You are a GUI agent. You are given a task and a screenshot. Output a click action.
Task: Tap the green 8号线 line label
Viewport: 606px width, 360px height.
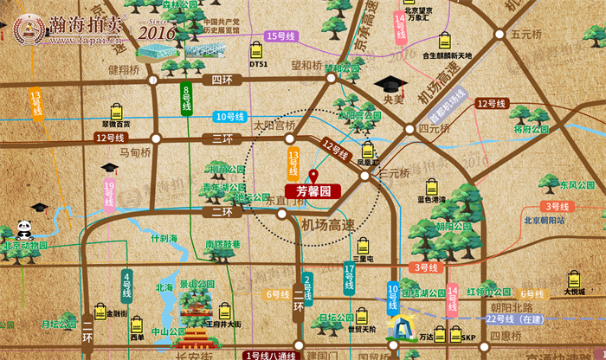click(186, 99)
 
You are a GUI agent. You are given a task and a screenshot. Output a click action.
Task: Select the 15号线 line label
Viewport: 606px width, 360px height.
click(282, 36)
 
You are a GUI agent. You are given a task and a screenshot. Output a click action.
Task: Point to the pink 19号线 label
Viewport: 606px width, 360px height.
click(109, 196)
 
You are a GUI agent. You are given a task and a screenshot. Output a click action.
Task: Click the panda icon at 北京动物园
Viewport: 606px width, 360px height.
click(23, 230)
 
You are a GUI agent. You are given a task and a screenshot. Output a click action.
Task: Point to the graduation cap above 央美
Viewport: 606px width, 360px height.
click(390, 87)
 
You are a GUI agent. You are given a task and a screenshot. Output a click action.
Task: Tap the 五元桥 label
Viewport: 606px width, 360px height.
click(526, 35)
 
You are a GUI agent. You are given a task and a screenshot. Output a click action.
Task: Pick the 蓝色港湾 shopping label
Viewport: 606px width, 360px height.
click(431, 199)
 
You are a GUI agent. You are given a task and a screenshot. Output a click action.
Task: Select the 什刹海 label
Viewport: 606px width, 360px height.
click(163, 238)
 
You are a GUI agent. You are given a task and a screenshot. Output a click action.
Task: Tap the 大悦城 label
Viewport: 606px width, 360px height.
click(575, 292)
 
